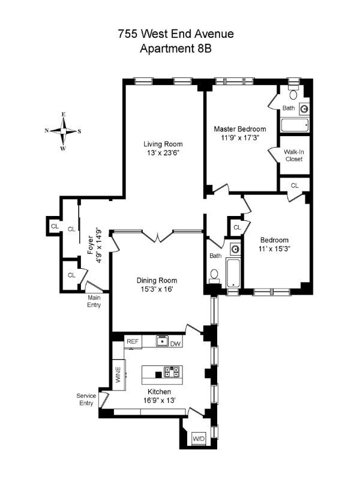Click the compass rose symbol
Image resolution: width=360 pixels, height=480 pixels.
(64, 131)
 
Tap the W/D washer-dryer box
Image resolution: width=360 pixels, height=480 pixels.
(199, 439)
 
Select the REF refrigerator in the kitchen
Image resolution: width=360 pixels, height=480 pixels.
(133, 341)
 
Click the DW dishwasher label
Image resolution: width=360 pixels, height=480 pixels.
(175, 343)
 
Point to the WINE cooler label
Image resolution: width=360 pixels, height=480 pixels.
(118, 374)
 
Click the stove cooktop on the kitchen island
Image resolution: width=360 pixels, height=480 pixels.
(172, 371)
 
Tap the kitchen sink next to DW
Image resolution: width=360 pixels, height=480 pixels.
(162, 341)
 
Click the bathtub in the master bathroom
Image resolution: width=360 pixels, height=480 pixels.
(295, 125)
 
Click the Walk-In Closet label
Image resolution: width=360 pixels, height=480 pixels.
(294, 155)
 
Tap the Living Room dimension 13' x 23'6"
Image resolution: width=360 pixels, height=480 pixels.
(163, 152)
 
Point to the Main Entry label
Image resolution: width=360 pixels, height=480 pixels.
(94, 301)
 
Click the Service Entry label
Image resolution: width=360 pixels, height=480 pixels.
(86, 399)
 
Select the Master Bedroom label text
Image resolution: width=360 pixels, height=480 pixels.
(240, 129)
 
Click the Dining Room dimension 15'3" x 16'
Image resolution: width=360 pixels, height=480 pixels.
(157, 289)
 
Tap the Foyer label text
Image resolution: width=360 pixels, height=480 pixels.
(91, 245)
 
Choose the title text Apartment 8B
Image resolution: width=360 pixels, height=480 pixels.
(176, 49)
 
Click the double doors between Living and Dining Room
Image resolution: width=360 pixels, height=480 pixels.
(157, 236)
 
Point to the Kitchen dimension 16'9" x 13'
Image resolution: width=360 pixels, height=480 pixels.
(159, 400)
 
